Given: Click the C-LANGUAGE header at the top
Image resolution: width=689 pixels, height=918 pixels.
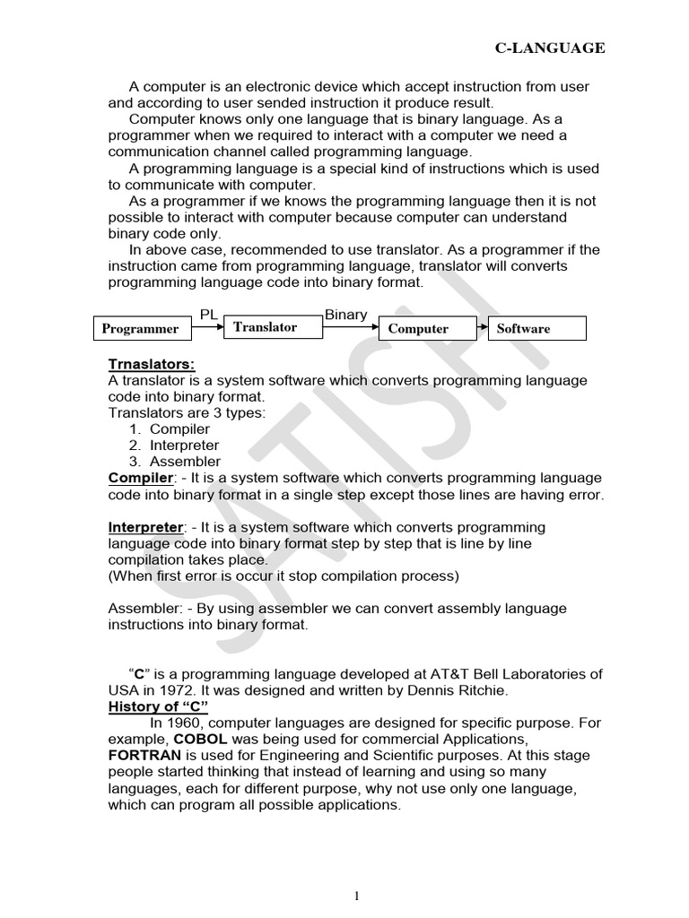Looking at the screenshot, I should [x=550, y=48].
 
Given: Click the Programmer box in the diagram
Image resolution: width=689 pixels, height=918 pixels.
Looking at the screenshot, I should [x=140, y=329].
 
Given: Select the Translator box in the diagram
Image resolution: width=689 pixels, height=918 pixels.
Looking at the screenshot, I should [x=265, y=327].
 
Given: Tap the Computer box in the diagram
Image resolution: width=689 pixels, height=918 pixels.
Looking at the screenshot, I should [x=418, y=329].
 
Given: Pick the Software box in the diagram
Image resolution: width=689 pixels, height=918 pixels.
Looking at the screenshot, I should [x=536, y=329].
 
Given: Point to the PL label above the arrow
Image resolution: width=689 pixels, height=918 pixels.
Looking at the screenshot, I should [x=207, y=314].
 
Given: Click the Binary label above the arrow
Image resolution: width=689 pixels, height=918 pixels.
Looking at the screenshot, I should [x=345, y=314].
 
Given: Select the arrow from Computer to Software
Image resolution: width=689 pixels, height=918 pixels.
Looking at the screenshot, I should [x=472, y=328].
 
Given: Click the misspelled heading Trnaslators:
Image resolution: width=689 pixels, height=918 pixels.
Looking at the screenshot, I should [x=151, y=364].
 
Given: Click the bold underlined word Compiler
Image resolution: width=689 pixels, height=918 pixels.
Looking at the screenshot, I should [x=140, y=478].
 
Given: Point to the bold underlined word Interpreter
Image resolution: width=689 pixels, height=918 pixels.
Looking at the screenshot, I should [x=145, y=527].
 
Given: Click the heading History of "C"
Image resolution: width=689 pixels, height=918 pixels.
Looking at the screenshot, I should [x=158, y=706].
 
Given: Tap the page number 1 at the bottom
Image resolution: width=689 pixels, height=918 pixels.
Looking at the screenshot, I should [x=356, y=870].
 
